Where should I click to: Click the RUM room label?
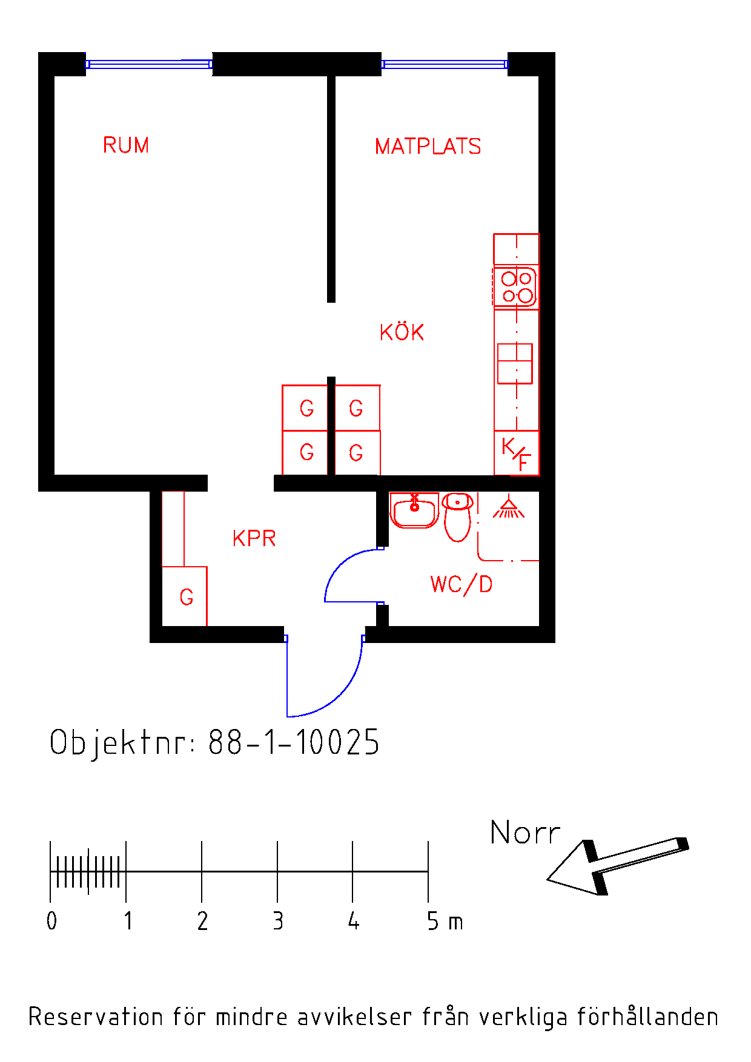[126, 145]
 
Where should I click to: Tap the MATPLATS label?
[428, 147]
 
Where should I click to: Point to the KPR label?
[254, 538]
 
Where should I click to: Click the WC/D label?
[461, 584]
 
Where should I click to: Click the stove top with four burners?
[516, 287]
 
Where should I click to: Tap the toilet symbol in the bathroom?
[457, 516]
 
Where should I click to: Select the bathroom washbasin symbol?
[414, 510]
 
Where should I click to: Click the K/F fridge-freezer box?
[517, 453]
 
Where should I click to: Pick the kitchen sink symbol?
[515, 363]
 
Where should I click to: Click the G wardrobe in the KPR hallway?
[185, 596]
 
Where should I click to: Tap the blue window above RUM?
[149, 64]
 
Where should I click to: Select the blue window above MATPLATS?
[445, 64]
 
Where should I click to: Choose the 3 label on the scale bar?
[278, 921]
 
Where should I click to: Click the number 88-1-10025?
[294, 742]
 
